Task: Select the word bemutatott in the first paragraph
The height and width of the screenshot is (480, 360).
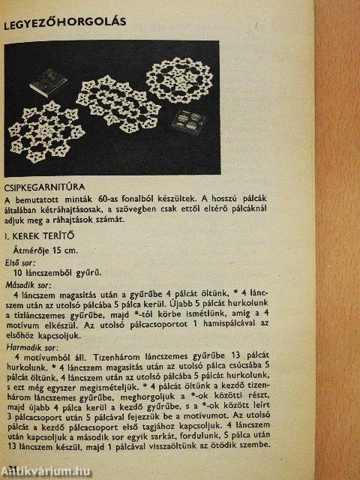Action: (x=40, y=199)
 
